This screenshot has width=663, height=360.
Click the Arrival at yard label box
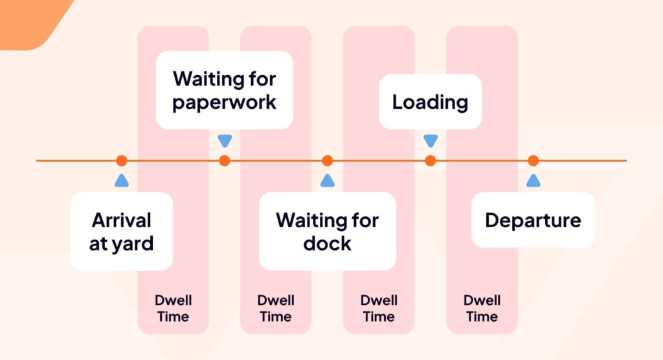tap(121, 231)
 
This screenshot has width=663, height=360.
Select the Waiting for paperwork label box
tap(224, 90)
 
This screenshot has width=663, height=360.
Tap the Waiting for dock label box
tap(327, 231)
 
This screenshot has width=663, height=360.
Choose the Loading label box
tap(430, 102)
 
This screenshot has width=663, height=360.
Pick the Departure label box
tap(533, 220)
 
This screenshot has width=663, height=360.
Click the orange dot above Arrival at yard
tap(121, 161)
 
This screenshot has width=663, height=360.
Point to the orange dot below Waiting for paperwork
tap(224, 161)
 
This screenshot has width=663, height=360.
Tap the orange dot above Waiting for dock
tap(327, 161)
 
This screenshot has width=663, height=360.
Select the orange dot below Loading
tap(430, 161)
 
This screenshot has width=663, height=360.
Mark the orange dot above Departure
tap(533, 161)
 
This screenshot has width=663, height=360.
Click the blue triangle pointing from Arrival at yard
tap(121, 181)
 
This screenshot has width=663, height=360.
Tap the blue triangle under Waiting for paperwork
tap(224, 141)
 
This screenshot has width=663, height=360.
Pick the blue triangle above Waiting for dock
tap(327, 181)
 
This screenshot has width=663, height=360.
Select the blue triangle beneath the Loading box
tap(430, 141)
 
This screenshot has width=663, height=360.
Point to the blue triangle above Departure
tap(533, 181)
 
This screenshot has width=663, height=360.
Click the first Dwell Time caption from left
tap(173, 308)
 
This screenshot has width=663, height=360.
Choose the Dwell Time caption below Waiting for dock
tap(379, 308)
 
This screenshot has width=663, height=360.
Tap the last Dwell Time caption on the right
tap(482, 308)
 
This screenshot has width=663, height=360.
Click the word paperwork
tap(224, 102)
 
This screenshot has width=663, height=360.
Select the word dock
tap(327, 243)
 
